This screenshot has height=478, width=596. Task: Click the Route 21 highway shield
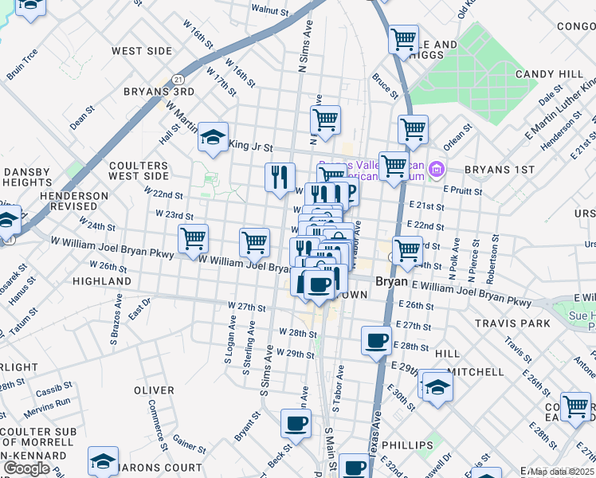coord(177,80)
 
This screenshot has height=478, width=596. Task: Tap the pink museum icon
coord(435,169)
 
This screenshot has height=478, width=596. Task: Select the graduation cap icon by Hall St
coord(213,137)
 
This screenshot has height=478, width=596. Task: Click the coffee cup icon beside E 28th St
coord(376,339)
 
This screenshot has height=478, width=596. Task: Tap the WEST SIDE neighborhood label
coord(142,51)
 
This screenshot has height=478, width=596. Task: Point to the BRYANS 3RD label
coord(159,92)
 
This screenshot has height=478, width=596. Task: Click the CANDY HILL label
coord(549,74)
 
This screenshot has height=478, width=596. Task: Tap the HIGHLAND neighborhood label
coord(101,281)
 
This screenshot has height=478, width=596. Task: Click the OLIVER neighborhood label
coord(154,390)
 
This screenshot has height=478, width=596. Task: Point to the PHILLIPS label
coord(407,445)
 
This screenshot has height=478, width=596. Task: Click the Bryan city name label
coord(391,281)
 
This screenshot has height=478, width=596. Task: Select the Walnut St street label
coord(269,10)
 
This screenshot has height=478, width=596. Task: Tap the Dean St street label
coord(81,119)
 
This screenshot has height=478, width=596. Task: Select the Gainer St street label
coord(190,443)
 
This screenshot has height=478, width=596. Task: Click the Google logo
coord(26,468)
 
